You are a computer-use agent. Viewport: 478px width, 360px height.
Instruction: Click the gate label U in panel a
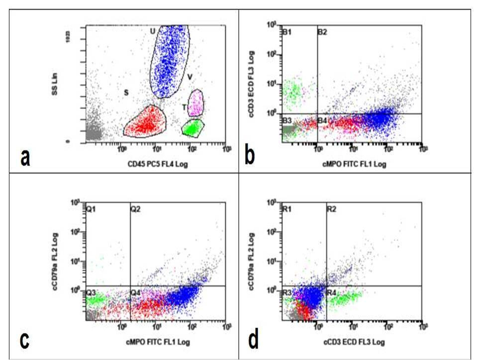[153, 31]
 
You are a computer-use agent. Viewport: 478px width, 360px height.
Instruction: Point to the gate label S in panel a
[126, 92]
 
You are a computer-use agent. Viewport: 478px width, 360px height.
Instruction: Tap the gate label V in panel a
[190, 77]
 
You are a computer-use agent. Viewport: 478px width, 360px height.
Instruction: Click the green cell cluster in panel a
[192, 128]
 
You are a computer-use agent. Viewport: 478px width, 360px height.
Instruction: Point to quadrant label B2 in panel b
[322, 32]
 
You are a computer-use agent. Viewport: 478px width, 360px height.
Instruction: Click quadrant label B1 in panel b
[287, 32]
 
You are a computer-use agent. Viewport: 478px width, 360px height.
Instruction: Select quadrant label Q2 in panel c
[135, 210]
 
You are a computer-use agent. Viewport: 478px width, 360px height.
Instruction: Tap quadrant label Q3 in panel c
[91, 292]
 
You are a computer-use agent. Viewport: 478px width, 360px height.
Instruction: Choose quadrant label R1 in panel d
[287, 210]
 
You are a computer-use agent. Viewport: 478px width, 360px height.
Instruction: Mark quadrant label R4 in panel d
[332, 292]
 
